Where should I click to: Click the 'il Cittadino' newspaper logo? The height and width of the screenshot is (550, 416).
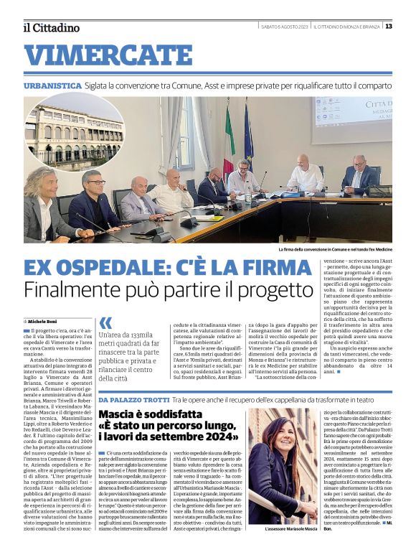51,27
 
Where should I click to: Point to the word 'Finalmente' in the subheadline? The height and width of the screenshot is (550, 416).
79,291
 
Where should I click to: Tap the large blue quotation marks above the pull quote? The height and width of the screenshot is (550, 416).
106,323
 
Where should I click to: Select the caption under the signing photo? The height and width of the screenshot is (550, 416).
336,250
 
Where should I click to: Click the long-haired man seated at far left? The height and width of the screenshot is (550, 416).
45,200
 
